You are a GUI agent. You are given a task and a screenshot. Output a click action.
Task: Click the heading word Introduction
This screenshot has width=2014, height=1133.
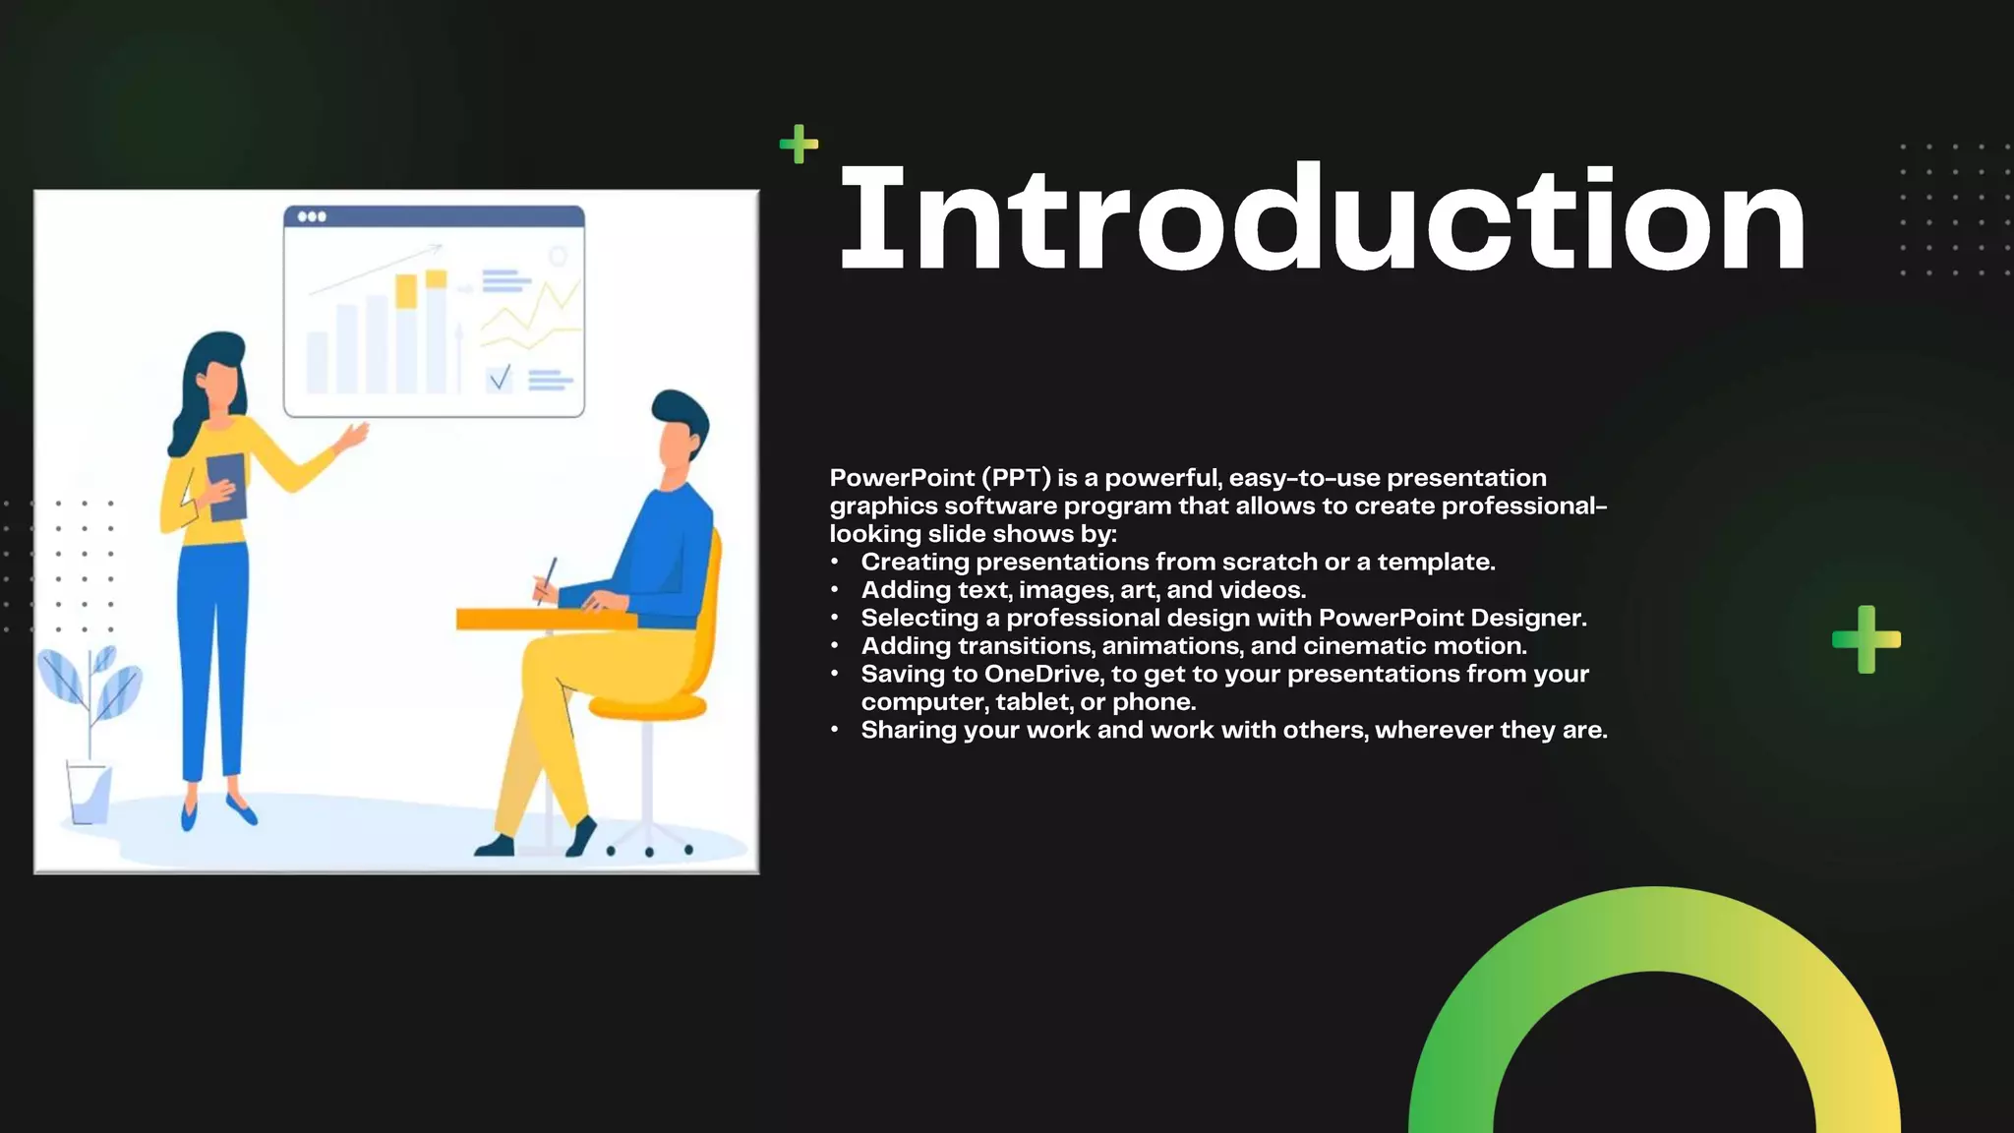(x=1322, y=218)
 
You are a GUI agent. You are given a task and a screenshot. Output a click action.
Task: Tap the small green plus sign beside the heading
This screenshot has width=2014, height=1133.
(x=799, y=144)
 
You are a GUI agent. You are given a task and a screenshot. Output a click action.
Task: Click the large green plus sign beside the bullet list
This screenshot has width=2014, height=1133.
(x=1866, y=639)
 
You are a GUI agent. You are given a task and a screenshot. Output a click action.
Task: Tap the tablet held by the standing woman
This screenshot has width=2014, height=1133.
(x=227, y=487)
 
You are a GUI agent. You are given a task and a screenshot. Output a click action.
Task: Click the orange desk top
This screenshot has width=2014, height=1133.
(x=541, y=619)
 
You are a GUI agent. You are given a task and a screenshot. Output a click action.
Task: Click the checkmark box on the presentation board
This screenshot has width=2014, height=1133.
(x=500, y=378)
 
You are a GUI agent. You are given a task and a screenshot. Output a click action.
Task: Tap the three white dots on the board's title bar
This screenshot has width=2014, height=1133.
(x=311, y=216)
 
